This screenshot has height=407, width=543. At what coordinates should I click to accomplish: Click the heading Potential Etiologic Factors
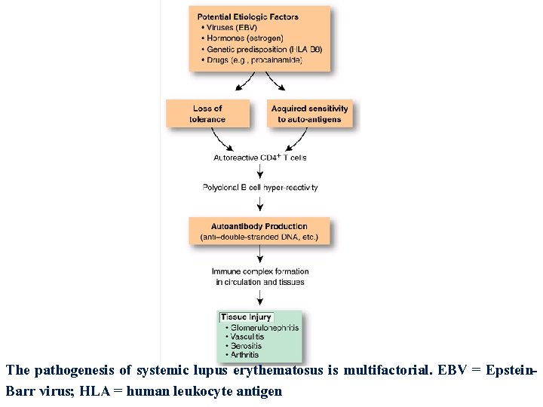point(247,17)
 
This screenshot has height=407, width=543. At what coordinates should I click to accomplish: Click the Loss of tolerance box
point(207,114)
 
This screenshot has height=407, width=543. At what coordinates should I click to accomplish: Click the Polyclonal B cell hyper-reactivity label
point(260,187)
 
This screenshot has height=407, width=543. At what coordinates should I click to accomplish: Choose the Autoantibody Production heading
point(259,226)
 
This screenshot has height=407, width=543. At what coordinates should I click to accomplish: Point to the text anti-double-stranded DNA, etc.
point(259,237)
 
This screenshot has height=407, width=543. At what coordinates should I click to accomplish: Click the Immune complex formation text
point(260,271)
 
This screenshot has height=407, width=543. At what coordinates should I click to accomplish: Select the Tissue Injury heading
point(246,317)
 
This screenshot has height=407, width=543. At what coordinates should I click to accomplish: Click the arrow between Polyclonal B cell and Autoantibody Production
point(260,203)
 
